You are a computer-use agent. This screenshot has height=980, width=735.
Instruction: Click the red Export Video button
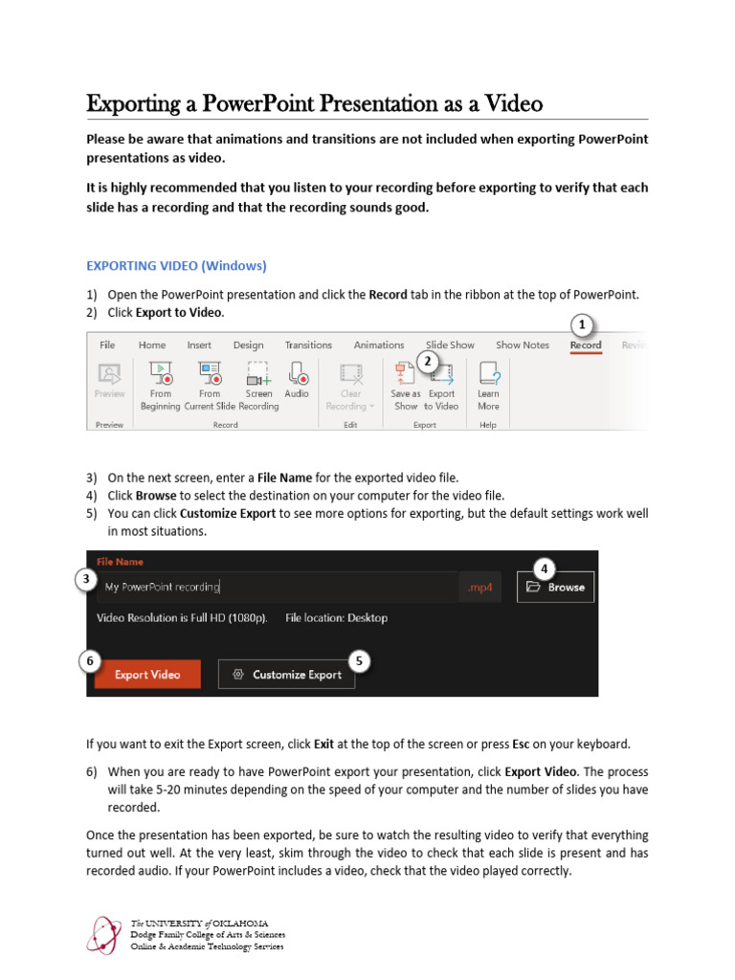[147, 674]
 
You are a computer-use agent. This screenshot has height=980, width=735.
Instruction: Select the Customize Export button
[287, 674]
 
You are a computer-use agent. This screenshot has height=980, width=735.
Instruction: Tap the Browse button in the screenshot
[556, 587]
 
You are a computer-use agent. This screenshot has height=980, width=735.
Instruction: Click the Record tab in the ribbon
[586, 345]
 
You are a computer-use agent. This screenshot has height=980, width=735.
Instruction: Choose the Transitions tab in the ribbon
[308, 345]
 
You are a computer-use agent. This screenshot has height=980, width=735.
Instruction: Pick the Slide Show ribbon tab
[450, 345]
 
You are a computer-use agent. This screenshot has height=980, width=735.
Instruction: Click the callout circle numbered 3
[86, 579]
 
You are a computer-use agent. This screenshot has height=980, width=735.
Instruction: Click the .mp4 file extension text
[479, 588]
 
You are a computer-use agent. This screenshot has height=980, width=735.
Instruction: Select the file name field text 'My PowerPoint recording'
[163, 588]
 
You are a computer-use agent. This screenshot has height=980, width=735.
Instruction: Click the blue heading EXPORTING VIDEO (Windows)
[176, 265]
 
